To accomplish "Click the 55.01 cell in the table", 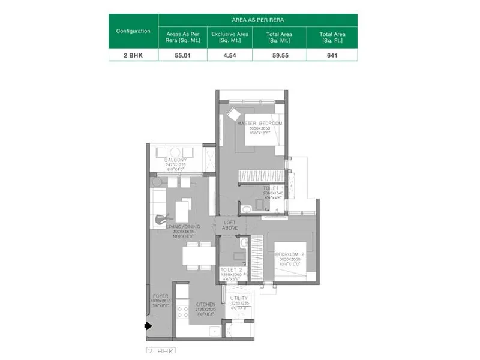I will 182,55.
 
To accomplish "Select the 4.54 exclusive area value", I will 230,55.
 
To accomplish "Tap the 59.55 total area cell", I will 279,55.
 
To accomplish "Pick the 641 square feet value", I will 332,55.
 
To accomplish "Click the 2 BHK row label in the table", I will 133,55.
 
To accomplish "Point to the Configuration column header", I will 133,31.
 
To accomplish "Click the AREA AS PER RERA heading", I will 257,20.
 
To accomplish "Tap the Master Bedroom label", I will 259,124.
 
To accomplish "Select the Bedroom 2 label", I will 290,254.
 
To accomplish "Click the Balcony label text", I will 176,160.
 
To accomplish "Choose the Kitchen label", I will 205,305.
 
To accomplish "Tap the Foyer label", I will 160,296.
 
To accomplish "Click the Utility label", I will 239,298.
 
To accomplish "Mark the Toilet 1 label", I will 274,188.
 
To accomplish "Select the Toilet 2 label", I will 230,270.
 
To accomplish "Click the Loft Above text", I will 230,224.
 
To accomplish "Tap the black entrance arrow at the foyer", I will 148,326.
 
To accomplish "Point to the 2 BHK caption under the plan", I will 160,350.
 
